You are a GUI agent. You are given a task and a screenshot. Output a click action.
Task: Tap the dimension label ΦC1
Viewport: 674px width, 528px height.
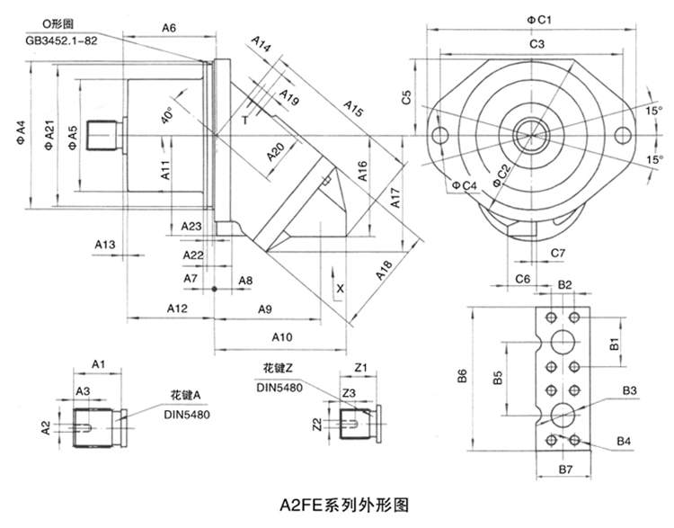pos(538,19)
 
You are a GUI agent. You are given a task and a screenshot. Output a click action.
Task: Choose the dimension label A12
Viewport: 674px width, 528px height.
pos(176,309)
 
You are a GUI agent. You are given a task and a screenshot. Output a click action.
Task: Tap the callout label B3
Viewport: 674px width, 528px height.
pos(629,389)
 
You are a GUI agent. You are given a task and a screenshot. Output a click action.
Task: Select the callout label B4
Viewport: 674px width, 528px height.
pos(626,439)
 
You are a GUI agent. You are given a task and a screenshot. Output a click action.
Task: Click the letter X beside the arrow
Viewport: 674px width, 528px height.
pos(340,289)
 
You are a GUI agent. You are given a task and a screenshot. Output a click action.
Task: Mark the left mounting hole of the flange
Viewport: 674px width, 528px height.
pos(440,136)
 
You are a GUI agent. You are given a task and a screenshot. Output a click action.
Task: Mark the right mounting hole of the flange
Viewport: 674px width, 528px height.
pos(622,136)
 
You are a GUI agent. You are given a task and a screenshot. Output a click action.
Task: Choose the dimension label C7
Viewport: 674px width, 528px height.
pos(556,253)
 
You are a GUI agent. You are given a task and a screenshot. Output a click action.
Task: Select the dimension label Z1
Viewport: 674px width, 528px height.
pos(361,369)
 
